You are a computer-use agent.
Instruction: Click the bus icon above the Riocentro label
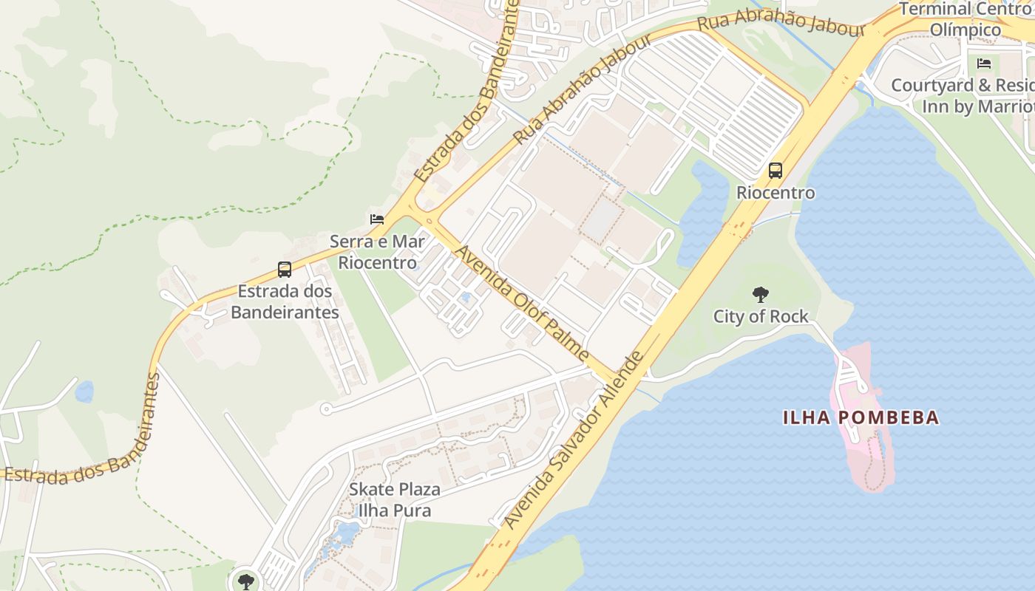[775, 171]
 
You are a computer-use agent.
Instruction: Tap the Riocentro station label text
[776, 193]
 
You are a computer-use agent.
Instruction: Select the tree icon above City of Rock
[760, 295]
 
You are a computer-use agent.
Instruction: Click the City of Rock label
[761, 317]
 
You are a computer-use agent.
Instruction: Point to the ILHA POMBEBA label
[861, 417]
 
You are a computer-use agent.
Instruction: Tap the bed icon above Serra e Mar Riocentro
[377, 219]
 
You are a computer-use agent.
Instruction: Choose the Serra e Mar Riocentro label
[378, 252]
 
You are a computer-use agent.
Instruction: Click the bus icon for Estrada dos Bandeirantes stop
[285, 270]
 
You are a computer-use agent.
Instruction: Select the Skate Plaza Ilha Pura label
[394, 499]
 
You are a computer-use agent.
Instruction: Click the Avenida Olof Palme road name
[522, 304]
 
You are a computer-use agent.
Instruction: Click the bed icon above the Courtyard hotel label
[984, 64]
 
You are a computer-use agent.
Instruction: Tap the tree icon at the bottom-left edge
[245, 581]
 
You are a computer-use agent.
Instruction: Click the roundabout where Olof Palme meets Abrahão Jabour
[429, 219]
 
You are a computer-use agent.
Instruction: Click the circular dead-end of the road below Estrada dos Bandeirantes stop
[326, 409]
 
